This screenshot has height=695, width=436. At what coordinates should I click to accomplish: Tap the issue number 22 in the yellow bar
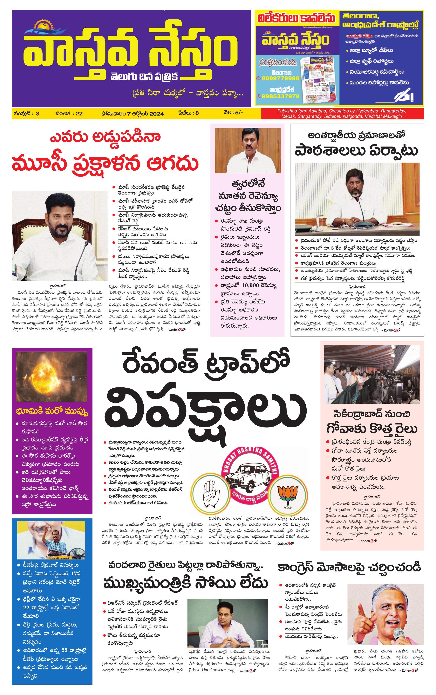pyautogui.click(x=79, y=114)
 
